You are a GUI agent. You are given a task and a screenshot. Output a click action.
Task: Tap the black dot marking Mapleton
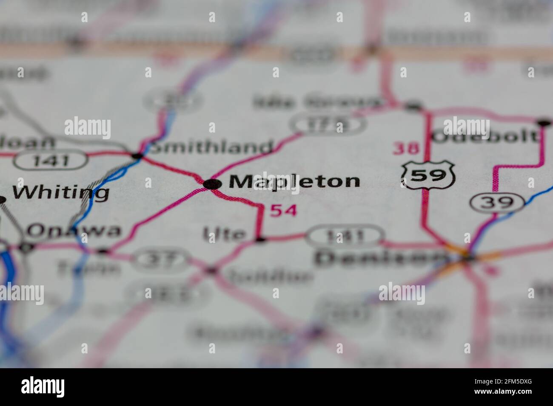[212, 184]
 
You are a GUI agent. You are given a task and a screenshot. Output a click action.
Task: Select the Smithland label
[212, 147]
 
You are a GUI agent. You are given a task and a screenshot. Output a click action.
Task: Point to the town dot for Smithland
[137, 156]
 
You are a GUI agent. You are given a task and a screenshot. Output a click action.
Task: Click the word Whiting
[60, 192]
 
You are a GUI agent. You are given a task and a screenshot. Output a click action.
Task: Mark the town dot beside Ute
[260, 240]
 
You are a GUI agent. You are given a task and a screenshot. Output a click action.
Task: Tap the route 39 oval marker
[496, 203]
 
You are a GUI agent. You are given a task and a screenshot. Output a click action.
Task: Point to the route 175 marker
[328, 124]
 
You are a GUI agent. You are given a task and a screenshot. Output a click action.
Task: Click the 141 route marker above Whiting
[51, 161]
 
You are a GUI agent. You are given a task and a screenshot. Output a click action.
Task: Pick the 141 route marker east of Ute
[345, 236]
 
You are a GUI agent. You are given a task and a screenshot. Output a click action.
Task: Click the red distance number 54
[283, 210]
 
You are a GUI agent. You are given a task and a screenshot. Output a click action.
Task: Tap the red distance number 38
[406, 148]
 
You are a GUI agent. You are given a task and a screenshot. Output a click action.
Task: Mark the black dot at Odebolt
[543, 123]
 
